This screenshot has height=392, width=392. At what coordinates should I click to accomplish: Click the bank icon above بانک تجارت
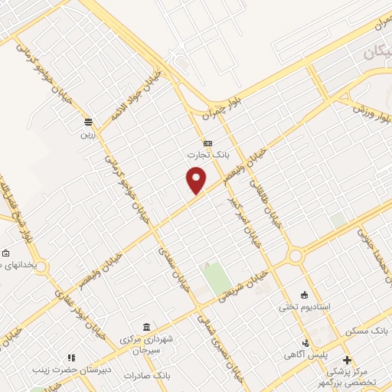tap(207, 143)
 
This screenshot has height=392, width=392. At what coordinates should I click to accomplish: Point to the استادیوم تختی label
tap(304, 306)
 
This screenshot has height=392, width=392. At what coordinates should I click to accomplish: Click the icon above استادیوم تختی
tap(304, 295)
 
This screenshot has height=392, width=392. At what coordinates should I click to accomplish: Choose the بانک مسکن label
tap(366, 331)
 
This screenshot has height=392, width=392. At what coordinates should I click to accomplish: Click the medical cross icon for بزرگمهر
tap(346, 359)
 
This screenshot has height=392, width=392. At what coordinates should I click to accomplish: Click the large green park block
tap(217, 276)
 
